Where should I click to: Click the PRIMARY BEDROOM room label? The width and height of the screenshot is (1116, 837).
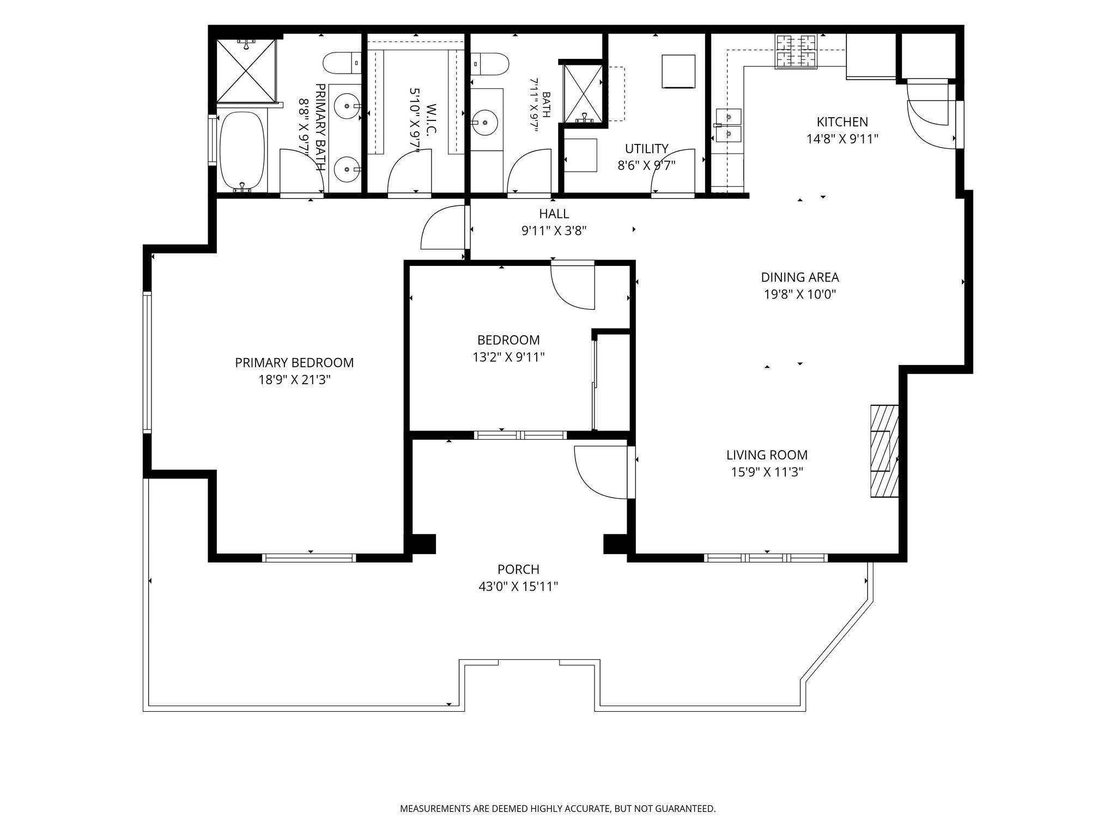294,362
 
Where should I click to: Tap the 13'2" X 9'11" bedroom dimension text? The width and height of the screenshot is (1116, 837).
508,357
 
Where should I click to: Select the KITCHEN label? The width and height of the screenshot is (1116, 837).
842,122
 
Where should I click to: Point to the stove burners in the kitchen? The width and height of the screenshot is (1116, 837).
797,52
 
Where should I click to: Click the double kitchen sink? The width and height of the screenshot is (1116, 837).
729,125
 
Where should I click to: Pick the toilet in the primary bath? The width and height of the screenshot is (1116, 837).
342,63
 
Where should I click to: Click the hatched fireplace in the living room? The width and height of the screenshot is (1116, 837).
884,451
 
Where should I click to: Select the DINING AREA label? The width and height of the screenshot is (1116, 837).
800,277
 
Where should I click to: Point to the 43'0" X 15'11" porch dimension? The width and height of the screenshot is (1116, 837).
518,587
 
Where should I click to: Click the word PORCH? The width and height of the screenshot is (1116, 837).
518,569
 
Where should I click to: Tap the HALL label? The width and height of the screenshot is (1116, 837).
554,214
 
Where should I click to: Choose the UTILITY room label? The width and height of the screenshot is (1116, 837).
647,149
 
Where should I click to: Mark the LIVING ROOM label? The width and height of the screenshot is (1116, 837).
767,455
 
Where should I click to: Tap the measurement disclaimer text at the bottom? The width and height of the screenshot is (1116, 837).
558,809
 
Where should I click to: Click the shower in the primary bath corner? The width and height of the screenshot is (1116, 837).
247,70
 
